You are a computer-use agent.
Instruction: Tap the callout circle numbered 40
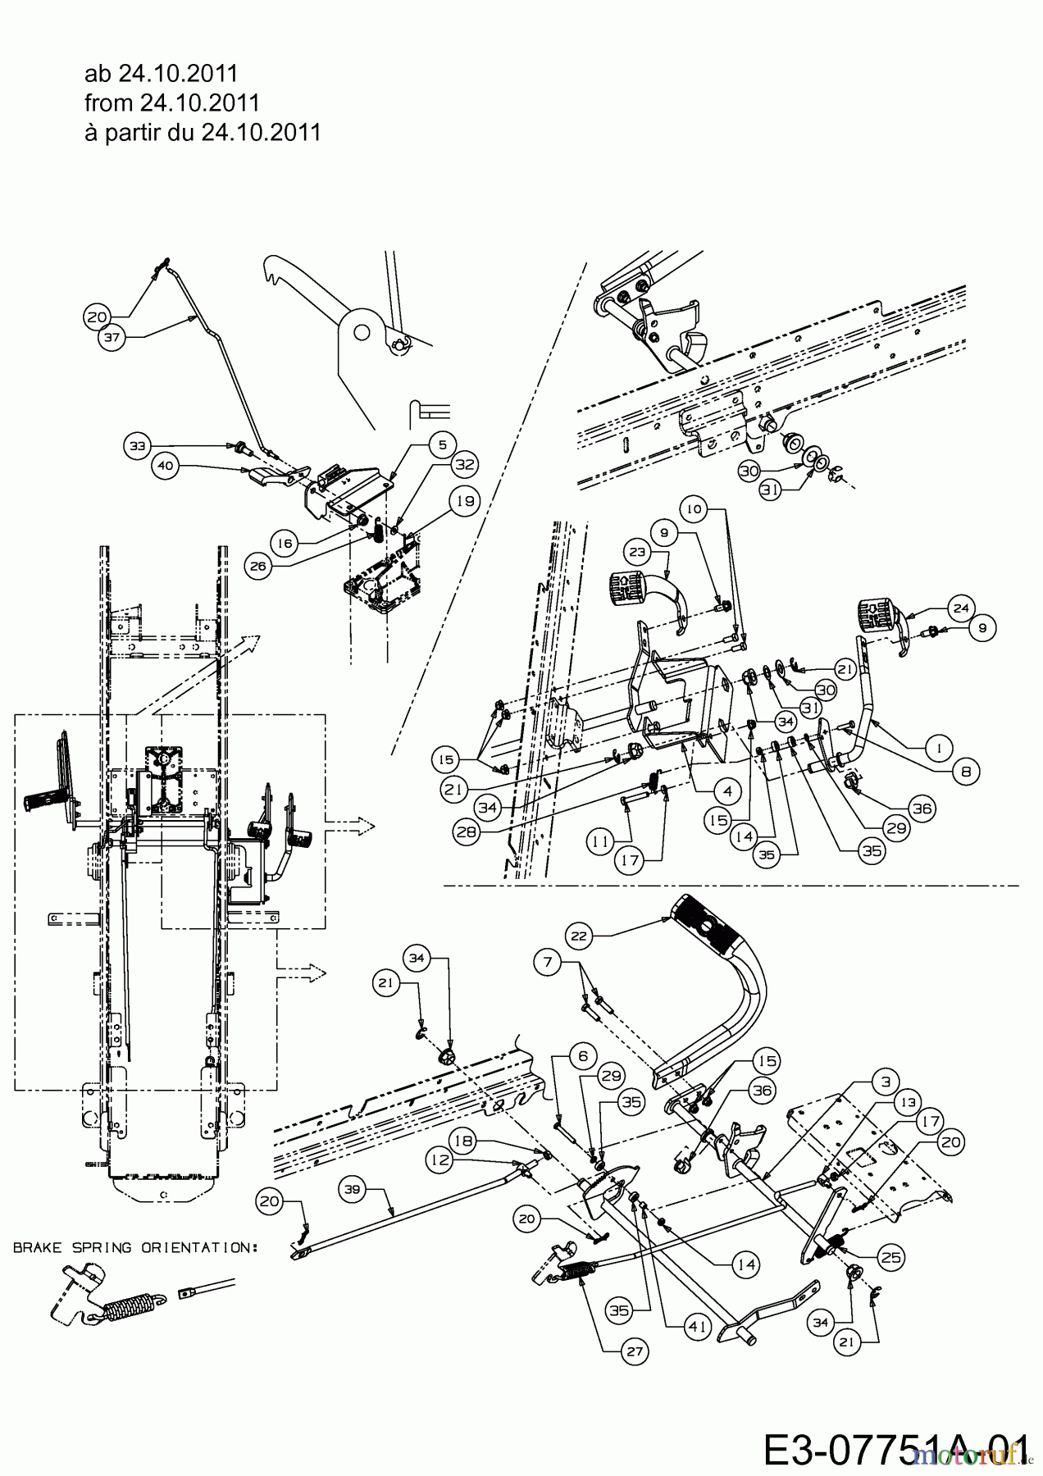165,466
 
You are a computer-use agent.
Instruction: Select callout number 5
442,444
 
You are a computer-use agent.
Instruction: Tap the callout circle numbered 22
579,935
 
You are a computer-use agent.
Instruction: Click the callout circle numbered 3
885,1082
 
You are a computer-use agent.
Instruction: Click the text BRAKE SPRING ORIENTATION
135,1247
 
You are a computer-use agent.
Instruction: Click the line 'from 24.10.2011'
172,102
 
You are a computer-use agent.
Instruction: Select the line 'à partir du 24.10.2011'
203,132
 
